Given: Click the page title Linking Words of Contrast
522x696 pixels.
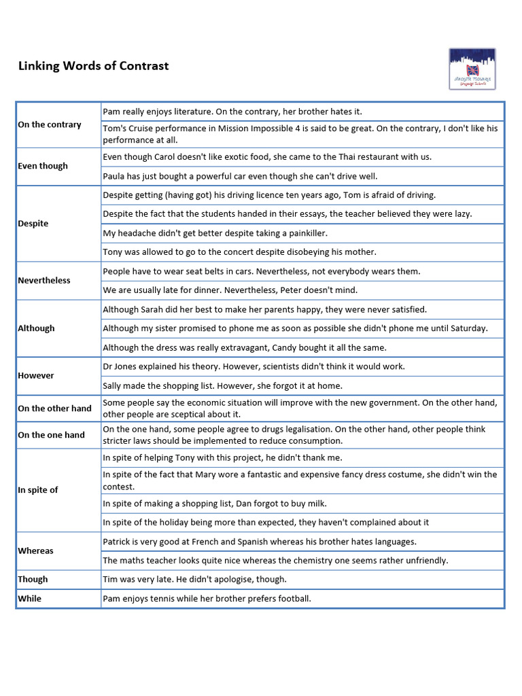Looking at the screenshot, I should click(93, 66).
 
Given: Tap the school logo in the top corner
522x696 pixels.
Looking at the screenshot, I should click(472, 69).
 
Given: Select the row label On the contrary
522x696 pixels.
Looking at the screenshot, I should click(50, 124).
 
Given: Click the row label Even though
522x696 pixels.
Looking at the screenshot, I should click(43, 166).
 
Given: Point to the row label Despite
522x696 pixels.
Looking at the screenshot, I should click(33, 223).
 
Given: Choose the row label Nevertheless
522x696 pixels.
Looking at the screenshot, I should click(44, 280).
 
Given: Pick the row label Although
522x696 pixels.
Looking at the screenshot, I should click(36, 328).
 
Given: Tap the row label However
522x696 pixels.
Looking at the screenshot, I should click(36, 375).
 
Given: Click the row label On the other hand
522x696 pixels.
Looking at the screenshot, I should click(54, 408).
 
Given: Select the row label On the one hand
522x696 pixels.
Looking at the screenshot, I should click(51, 435).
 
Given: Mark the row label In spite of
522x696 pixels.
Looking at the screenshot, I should click(38, 489).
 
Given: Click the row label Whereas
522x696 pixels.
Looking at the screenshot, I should click(35, 551).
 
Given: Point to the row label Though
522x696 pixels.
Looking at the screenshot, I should click(33, 579).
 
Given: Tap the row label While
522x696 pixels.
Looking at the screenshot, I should click(29, 598).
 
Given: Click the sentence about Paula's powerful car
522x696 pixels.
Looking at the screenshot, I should click(240, 176).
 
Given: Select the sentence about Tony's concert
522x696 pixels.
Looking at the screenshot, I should click(239, 252).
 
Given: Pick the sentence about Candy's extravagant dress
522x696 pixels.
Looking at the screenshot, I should click(245, 347).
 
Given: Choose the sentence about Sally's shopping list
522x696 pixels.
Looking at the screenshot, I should click(222, 385).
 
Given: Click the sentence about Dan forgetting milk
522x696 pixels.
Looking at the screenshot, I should click(215, 504).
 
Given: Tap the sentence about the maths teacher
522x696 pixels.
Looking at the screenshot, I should click(275, 561).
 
